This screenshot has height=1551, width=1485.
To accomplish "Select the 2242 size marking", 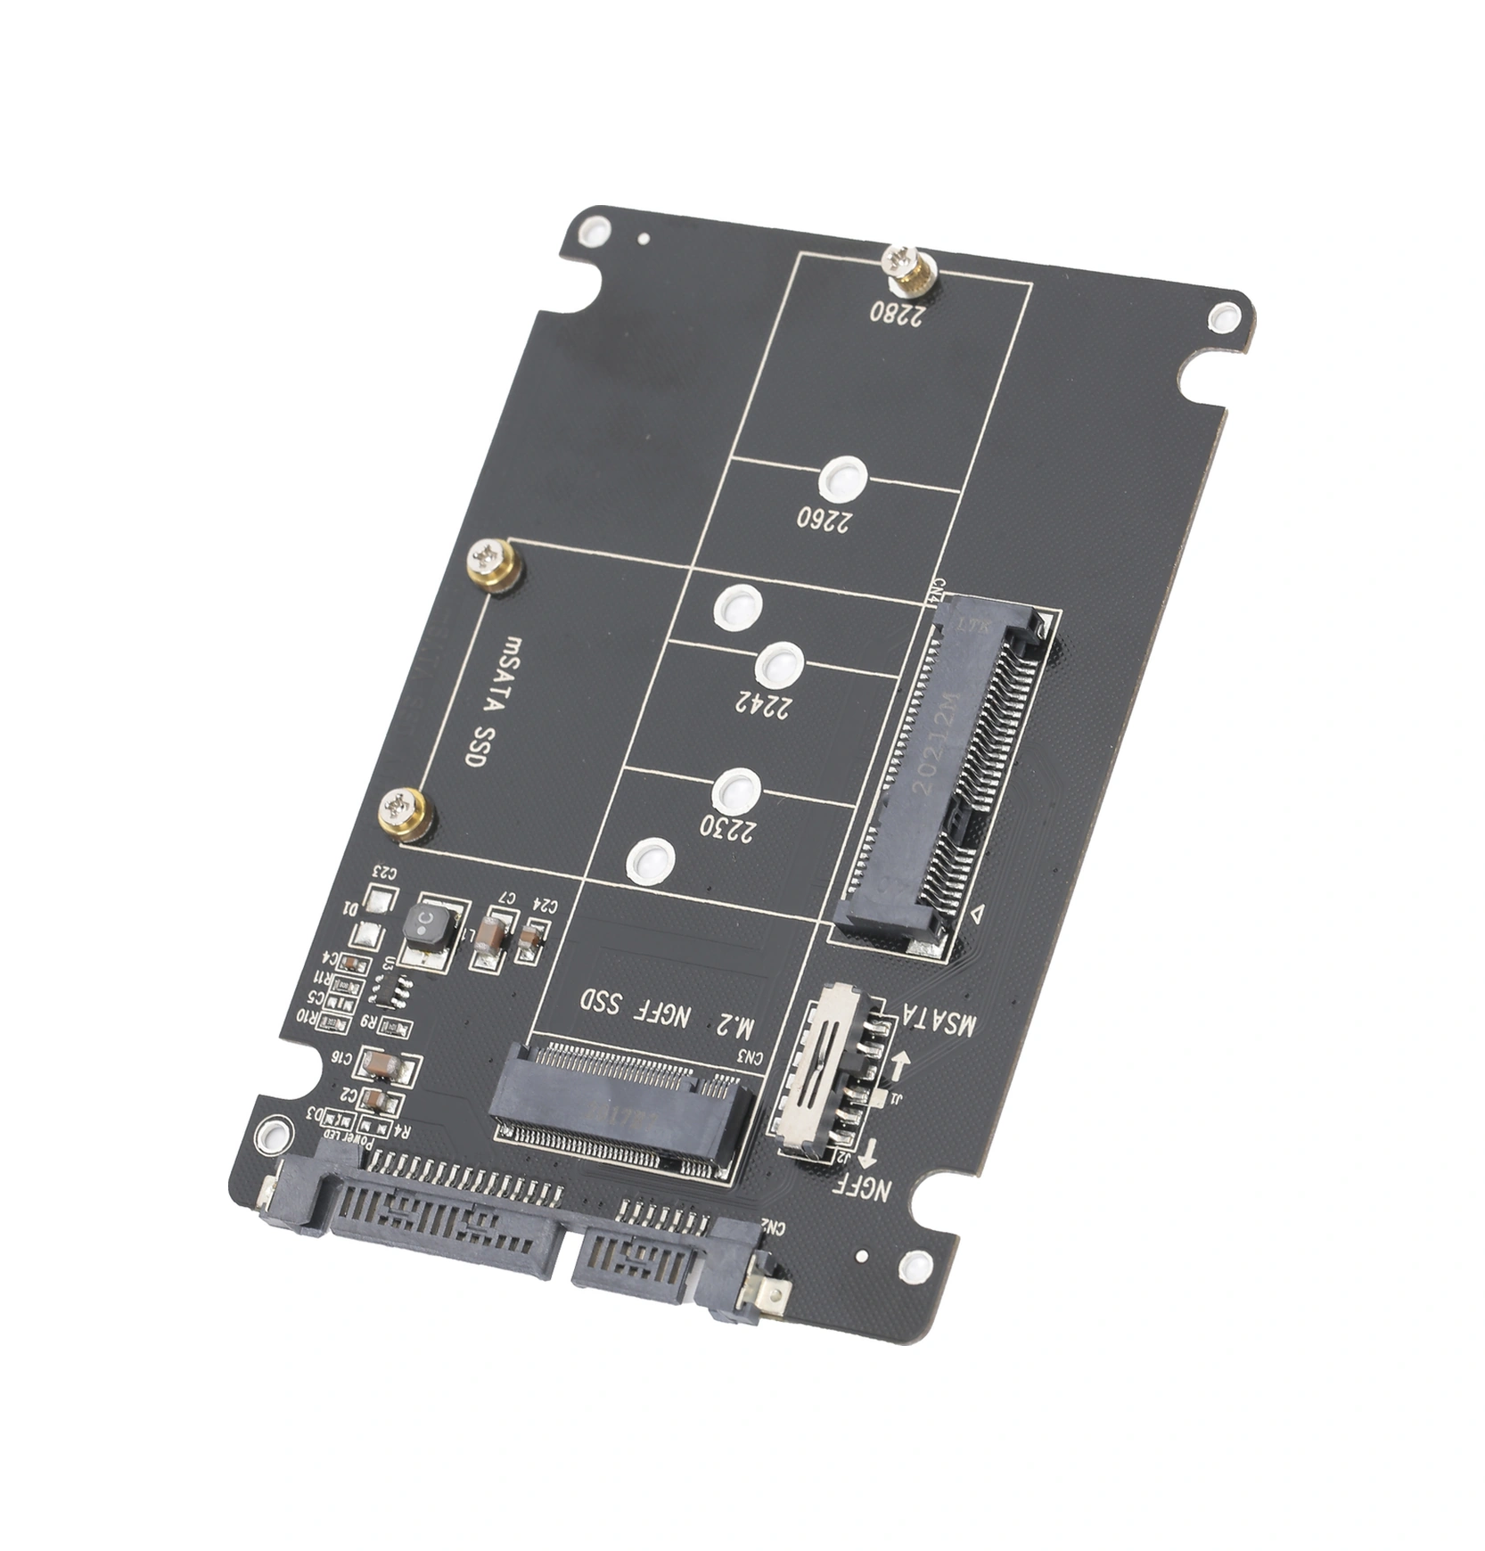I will click(764, 704).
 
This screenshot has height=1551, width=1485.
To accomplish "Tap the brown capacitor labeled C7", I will click(488, 933).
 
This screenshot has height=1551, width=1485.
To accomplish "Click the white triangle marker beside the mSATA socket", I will click(977, 913).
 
